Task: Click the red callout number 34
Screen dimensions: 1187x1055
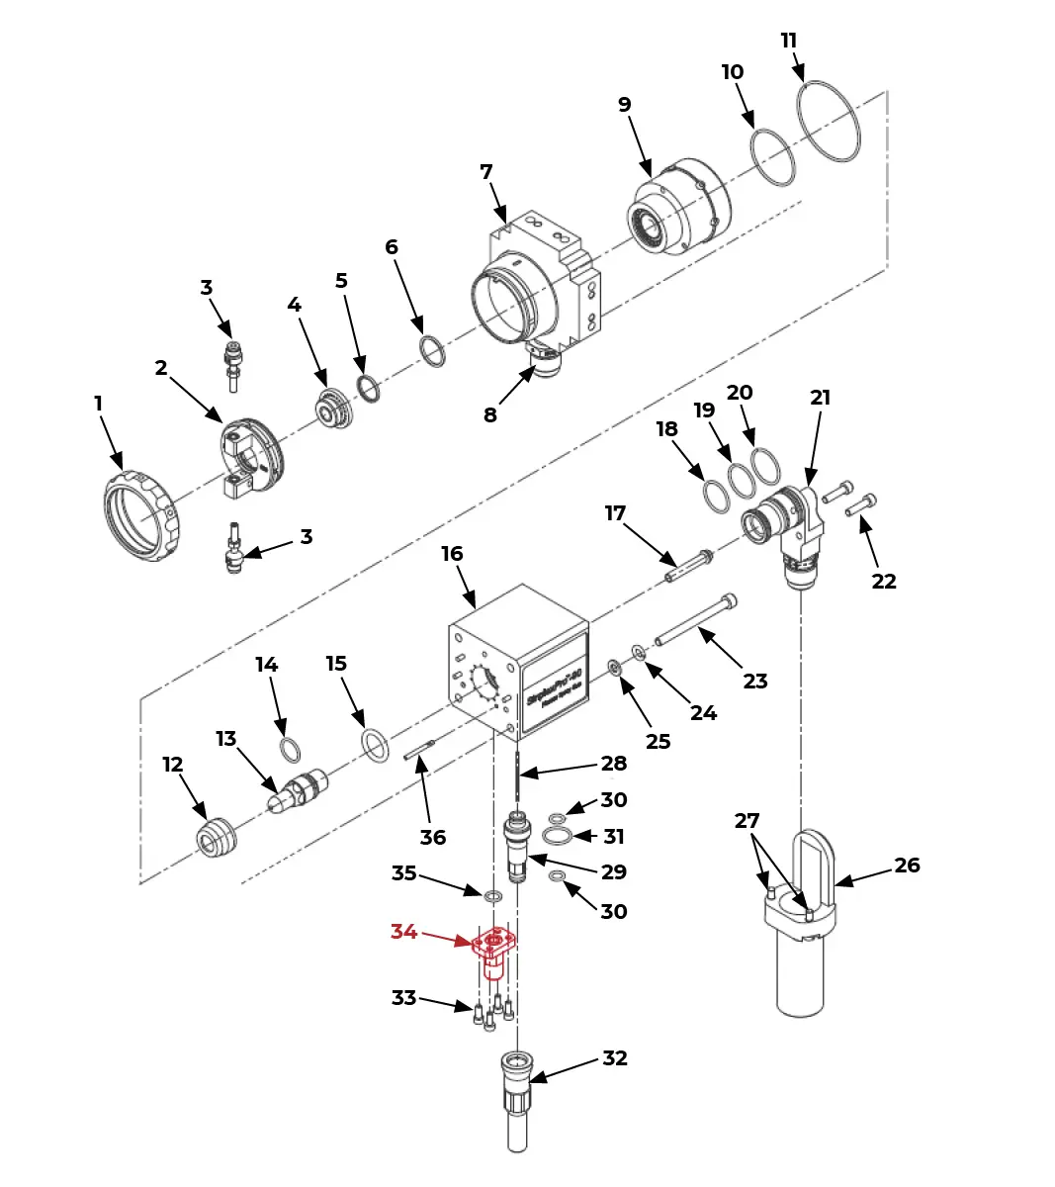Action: coord(403,932)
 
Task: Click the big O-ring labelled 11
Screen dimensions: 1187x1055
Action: coord(829,121)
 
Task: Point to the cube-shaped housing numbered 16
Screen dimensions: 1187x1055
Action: coord(518,663)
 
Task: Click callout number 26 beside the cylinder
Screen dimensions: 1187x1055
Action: coord(907,866)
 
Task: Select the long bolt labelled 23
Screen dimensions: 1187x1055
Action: coord(696,632)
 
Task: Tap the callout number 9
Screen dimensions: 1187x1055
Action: coord(624,105)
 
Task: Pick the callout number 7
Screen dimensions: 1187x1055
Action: coord(485,172)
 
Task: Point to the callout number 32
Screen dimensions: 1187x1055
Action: coord(614,1058)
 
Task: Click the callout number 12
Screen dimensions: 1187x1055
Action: coord(173,765)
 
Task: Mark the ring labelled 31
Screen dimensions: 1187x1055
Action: coord(557,837)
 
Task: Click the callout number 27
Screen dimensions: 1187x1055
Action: coord(747,821)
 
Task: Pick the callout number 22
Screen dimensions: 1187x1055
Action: coord(883,582)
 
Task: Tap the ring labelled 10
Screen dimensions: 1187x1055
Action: coord(773,157)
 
